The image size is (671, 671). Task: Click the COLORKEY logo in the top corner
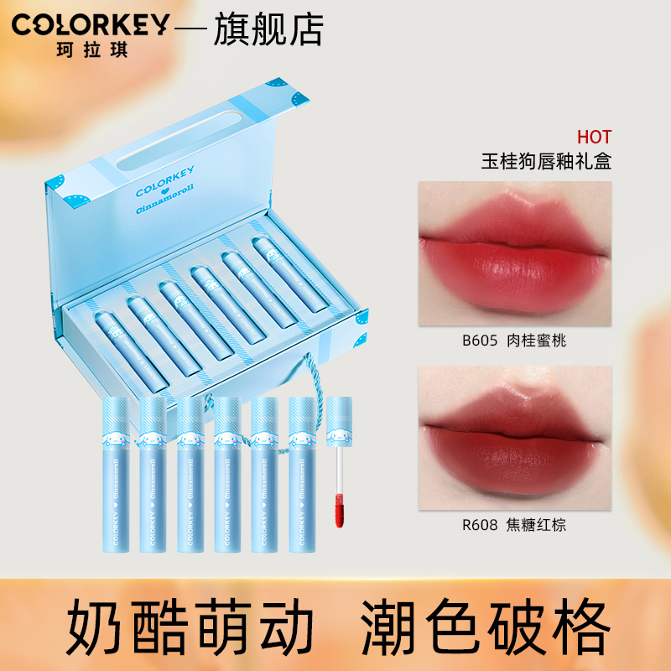pyautogui.click(x=91, y=25)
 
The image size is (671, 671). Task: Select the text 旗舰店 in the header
pyautogui.click(x=268, y=29)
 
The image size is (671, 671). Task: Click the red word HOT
pyautogui.click(x=594, y=138)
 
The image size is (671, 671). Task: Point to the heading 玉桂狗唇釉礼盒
pyautogui.click(x=546, y=162)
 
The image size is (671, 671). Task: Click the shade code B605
pyautogui.click(x=480, y=341)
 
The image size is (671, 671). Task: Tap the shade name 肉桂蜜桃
pyautogui.click(x=536, y=341)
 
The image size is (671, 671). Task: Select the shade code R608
pyautogui.click(x=480, y=525)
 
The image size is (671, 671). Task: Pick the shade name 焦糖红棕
pyautogui.click(x=536, y=525)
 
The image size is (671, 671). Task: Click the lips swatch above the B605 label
pyautogui.click(x=515, y=253)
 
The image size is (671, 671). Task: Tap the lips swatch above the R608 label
pyautogui.click(x=515, y=438)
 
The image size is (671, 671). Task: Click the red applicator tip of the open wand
pyautogui.click(x=340, y=511)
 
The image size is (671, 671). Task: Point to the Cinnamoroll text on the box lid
pyautogui.click(x=165, y=199)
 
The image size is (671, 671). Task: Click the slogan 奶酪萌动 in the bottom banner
pyautogui.click(x=190, y=626)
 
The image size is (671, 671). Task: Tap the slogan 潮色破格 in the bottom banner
pyautogui.click(x=486, y=626)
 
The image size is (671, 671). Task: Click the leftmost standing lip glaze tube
pyautogui.click(x=116, y=474)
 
